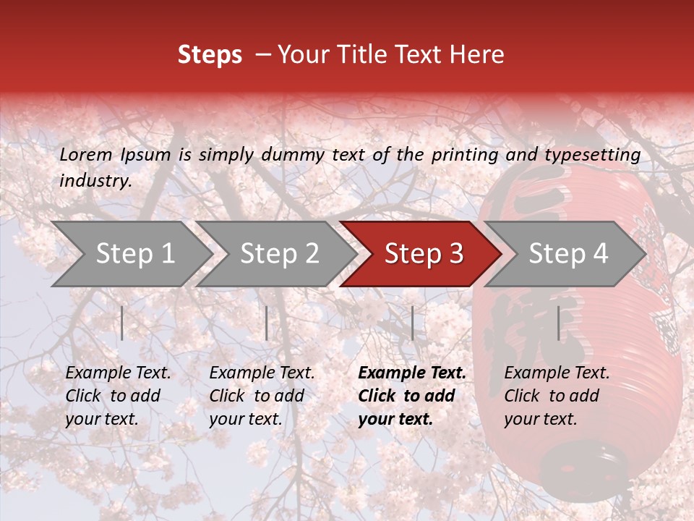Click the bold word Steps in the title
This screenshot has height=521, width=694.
pos(210,54)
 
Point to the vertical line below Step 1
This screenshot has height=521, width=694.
pos(122,323)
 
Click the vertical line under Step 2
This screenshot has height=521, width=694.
pos(267,323)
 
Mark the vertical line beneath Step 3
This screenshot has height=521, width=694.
pos(412,323)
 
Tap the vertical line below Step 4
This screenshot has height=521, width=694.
pos(558,323)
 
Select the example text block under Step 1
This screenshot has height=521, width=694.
pos(118,396)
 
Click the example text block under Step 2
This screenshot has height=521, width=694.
pos(262,396)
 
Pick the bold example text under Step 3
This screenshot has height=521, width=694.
pos(412,396)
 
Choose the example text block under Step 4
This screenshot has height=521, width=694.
pos(557,396)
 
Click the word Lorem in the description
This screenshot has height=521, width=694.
pos(85,154)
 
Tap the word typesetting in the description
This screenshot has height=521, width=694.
pos(592,154)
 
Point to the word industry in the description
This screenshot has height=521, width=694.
pos(95,181)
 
